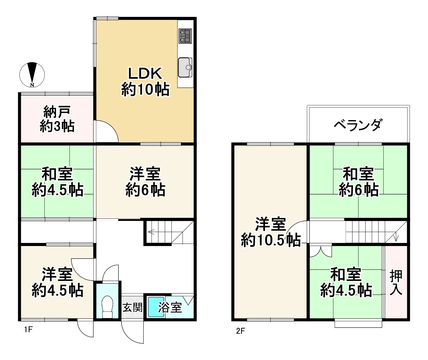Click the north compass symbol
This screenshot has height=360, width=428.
pos(32,75)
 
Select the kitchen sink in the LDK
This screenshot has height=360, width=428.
pos(185,67)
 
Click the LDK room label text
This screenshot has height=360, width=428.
pos(145,81)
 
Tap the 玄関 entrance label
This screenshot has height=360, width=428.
pos(133,307)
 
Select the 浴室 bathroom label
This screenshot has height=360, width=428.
pos(170,307)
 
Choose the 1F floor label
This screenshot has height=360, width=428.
pos(28,330)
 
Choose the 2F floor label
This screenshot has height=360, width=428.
pos(241,331)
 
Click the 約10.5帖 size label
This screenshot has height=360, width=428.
pos(271,241)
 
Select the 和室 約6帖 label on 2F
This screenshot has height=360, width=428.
pos(358,182)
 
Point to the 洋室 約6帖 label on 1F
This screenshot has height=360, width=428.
pos(145,182)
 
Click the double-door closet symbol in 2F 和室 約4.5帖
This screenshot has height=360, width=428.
pos(320,251)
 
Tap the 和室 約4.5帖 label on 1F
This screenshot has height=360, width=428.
pos(57,182)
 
